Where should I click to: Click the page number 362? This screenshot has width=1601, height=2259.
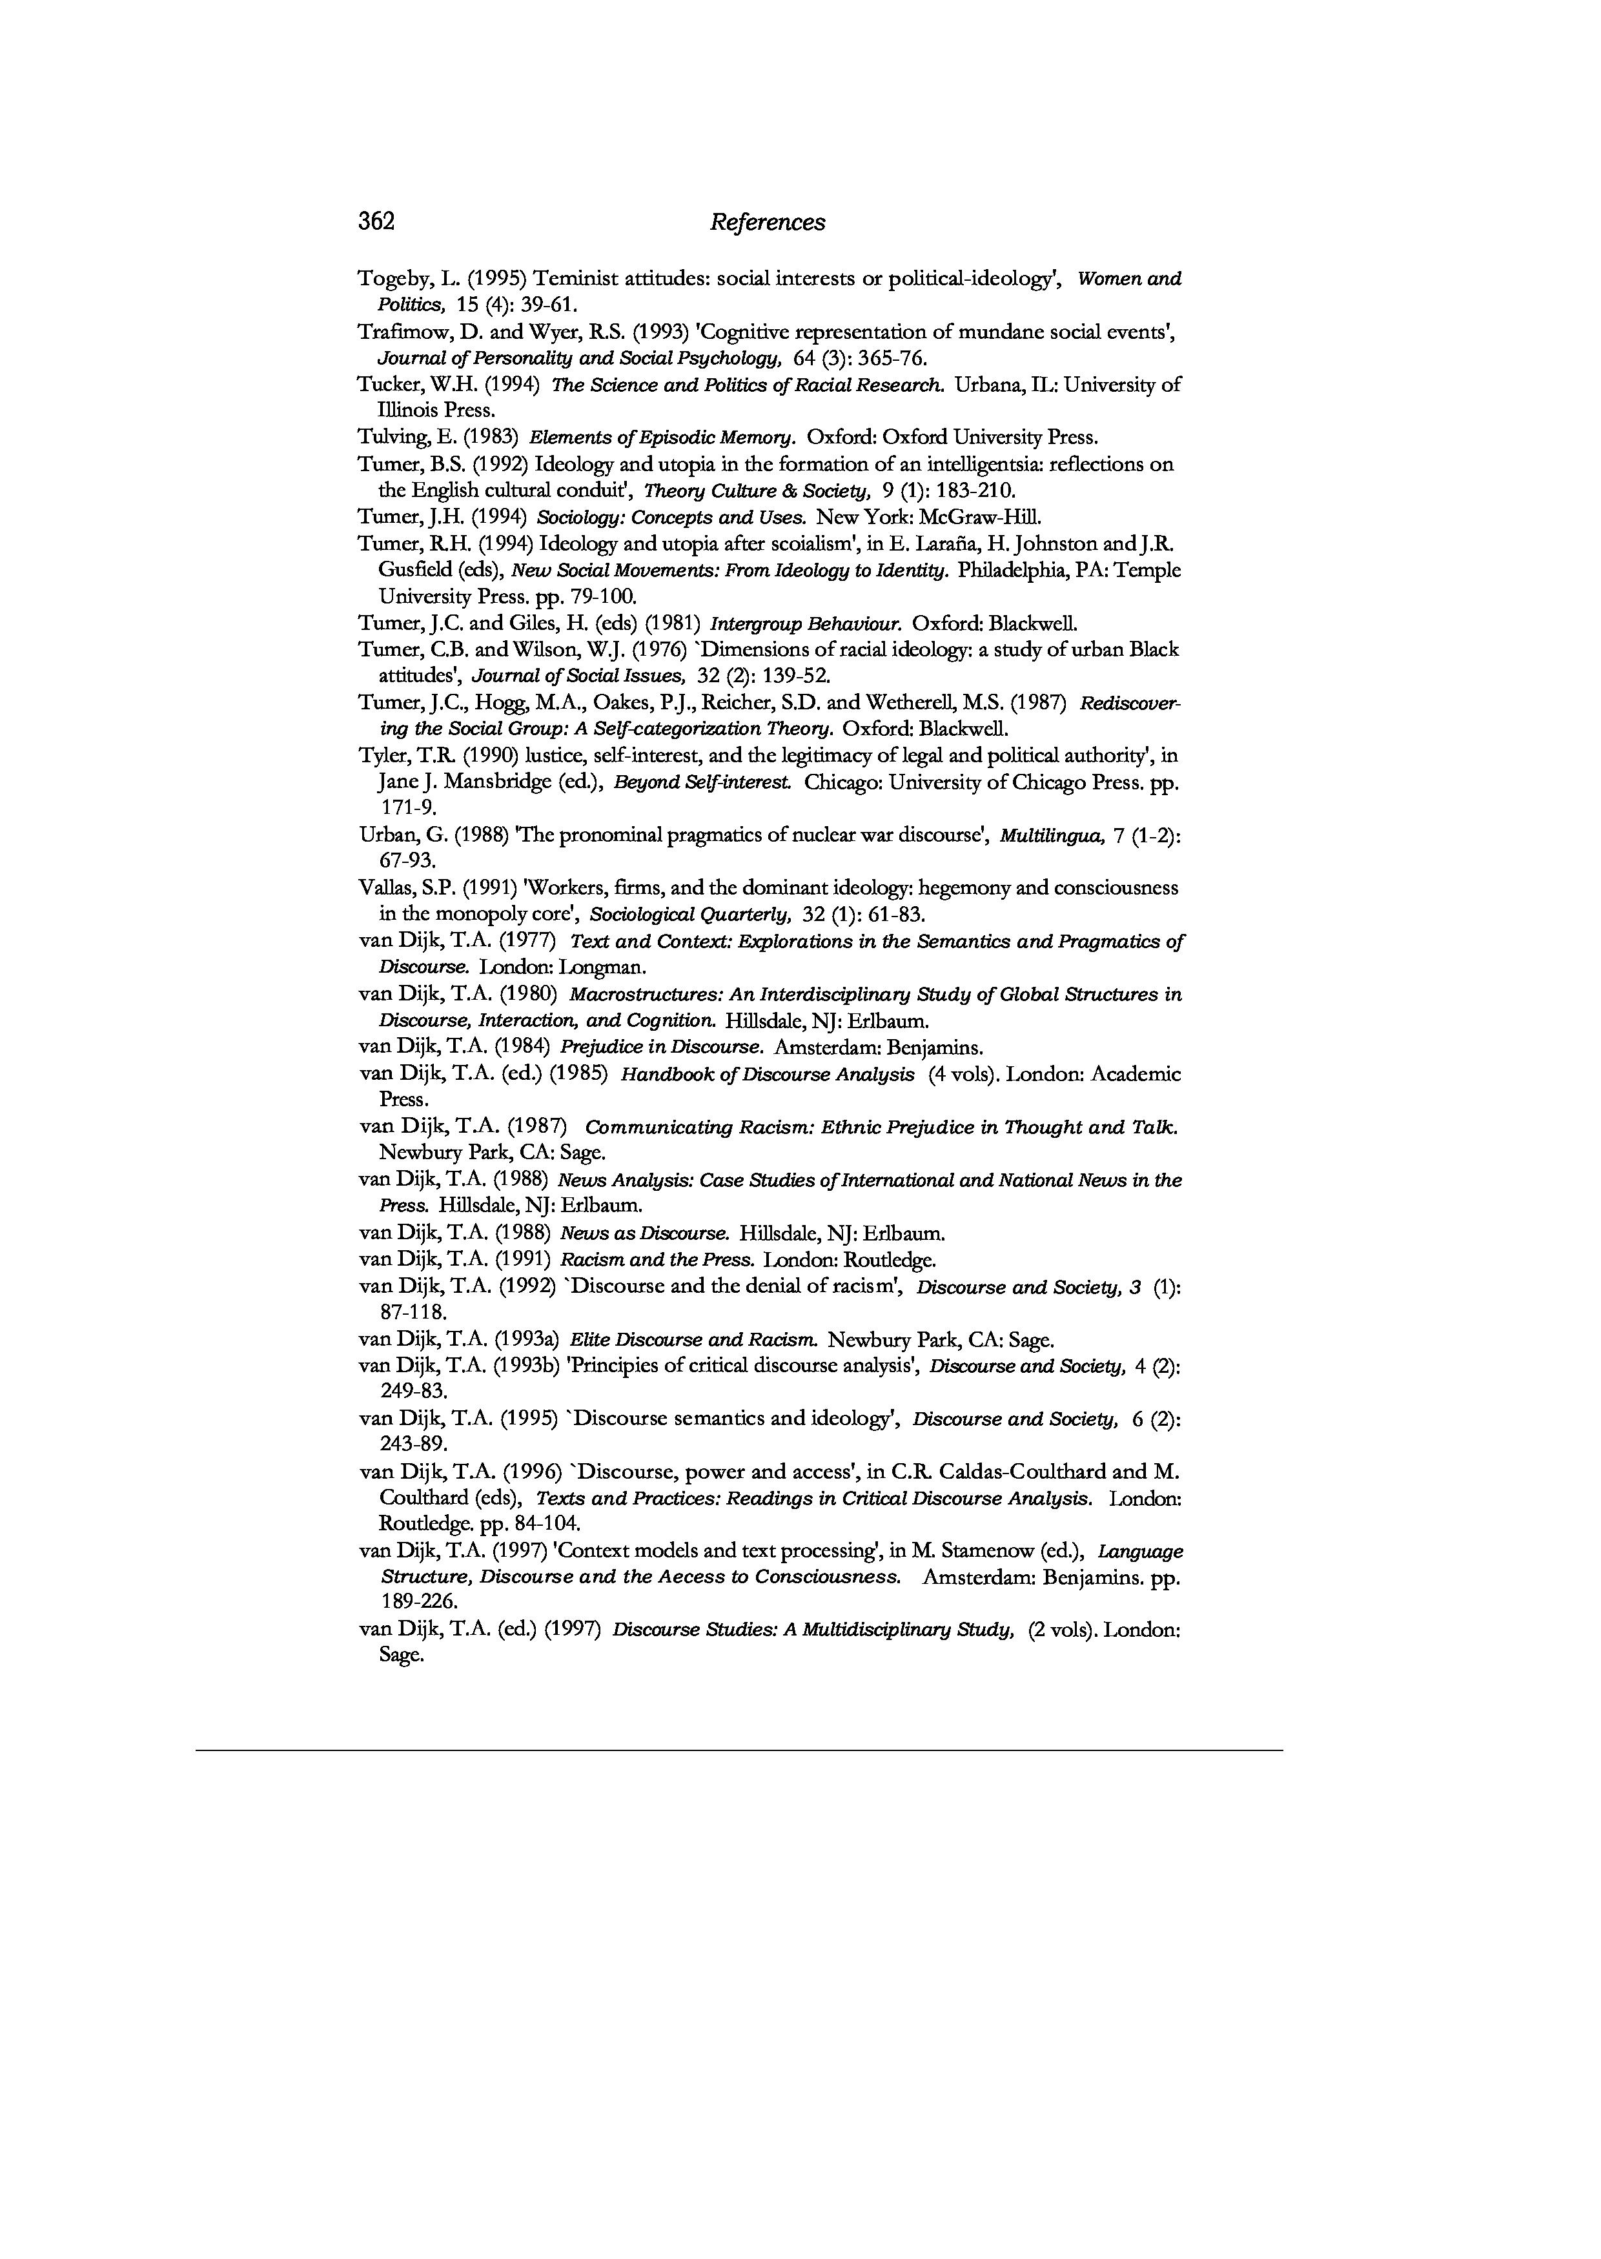pyautogui.click(x=376, y=222)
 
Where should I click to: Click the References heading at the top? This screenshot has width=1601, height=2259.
pyautogui.click(x=767, y=223)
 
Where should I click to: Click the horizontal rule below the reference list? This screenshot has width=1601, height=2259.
pyautogui.click(x=739, y=1750)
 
